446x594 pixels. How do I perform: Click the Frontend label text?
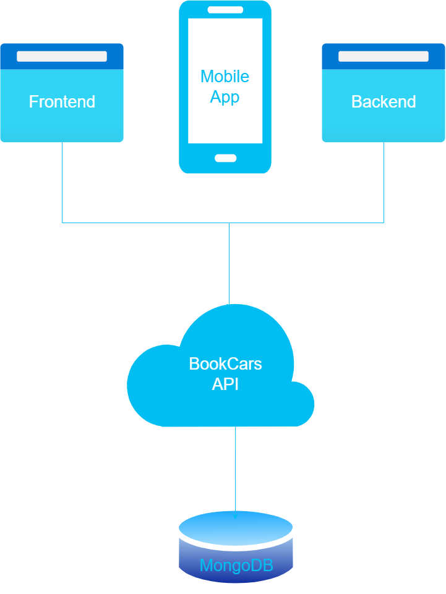[x=62, y=102]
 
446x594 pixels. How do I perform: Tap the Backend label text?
[x=384, y=102]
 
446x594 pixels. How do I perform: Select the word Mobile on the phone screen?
[x=225, y=77]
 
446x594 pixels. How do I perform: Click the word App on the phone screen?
[x=225, y=97]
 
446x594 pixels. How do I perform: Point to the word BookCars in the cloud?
[x=225, y=363]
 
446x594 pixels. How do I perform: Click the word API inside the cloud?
[x=225, y=384]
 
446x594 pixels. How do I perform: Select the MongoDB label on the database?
[x=236, y=566]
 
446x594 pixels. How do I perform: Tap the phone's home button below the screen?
[x=225, y=158]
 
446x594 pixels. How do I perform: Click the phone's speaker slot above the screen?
[x=225, y=10]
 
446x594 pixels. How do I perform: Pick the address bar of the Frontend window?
[x=62, y=56]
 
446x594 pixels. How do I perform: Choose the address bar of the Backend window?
[x=384, y=56]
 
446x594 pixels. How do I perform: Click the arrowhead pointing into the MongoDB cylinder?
[x=235, y=515]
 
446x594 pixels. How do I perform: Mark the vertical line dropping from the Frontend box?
[x=62, y=182]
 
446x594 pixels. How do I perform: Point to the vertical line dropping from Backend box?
[x=384, y=182]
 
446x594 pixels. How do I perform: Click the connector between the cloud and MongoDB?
[x=235, y=470]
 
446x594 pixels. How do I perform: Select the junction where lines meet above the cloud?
[x=229, y=223]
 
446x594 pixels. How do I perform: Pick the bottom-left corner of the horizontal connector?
[x=62, y=223]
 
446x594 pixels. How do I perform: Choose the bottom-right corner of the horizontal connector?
[x=384, y=223]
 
